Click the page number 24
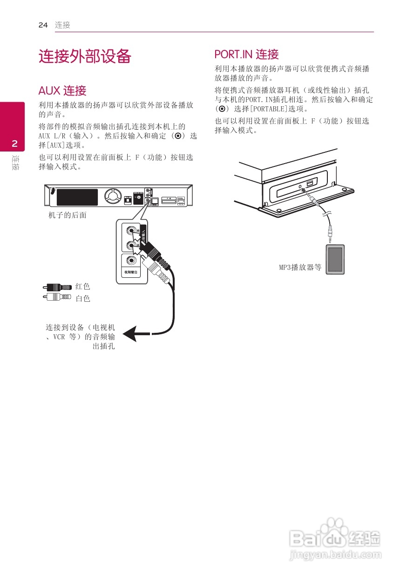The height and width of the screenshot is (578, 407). [43, 25]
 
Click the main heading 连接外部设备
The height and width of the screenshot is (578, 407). [85, 57]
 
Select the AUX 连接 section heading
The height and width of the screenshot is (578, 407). [62, 90]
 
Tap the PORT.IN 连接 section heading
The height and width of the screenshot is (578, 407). [246, 55]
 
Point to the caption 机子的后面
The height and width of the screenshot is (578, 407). [68, 215]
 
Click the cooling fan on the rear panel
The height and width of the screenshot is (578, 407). [112, 197]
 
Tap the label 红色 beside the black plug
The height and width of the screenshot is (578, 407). [82, 287]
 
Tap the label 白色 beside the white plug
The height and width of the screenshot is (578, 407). [82, 298]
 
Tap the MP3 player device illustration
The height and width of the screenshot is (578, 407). [336, 260]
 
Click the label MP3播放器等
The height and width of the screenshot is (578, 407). [300, 268]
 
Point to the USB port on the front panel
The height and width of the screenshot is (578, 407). [310, 182]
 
